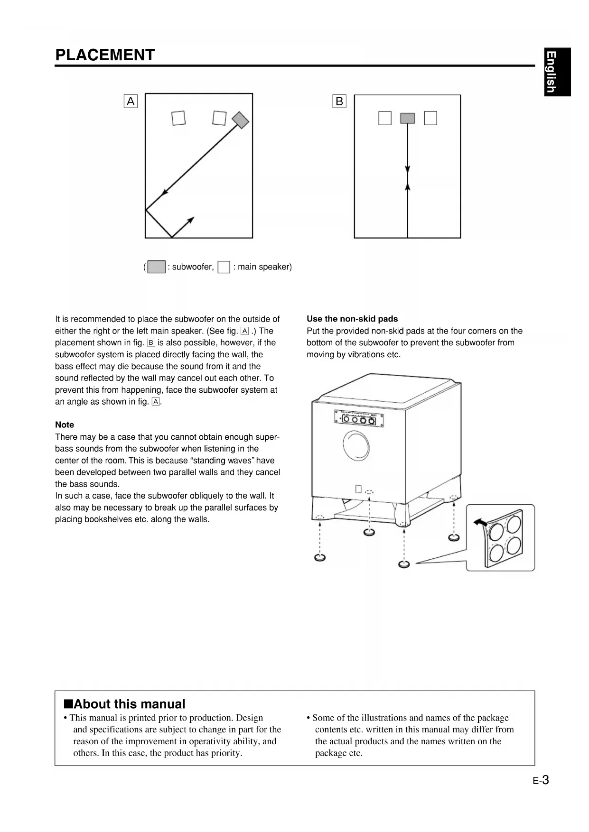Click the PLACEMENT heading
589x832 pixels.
pos(105,55)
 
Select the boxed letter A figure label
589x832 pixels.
pos(131,102)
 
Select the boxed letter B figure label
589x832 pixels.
pos(339,102)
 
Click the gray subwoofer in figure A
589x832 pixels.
pos(241,120)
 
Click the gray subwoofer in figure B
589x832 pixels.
pos(408,118)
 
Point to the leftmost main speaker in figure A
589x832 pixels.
pos(178,118)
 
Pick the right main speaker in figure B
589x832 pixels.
pos(430,118)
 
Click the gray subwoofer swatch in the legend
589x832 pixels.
pos(157,267)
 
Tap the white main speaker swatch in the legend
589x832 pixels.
pos(224,267)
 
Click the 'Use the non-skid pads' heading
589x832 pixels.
pos(352,319)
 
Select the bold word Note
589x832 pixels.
pos(65,425)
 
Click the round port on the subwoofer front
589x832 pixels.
pos(356,445)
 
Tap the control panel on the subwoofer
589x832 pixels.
pos(359,418)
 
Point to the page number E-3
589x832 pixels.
pos(541,780)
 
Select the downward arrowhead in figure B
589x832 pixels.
pos(408,170)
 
